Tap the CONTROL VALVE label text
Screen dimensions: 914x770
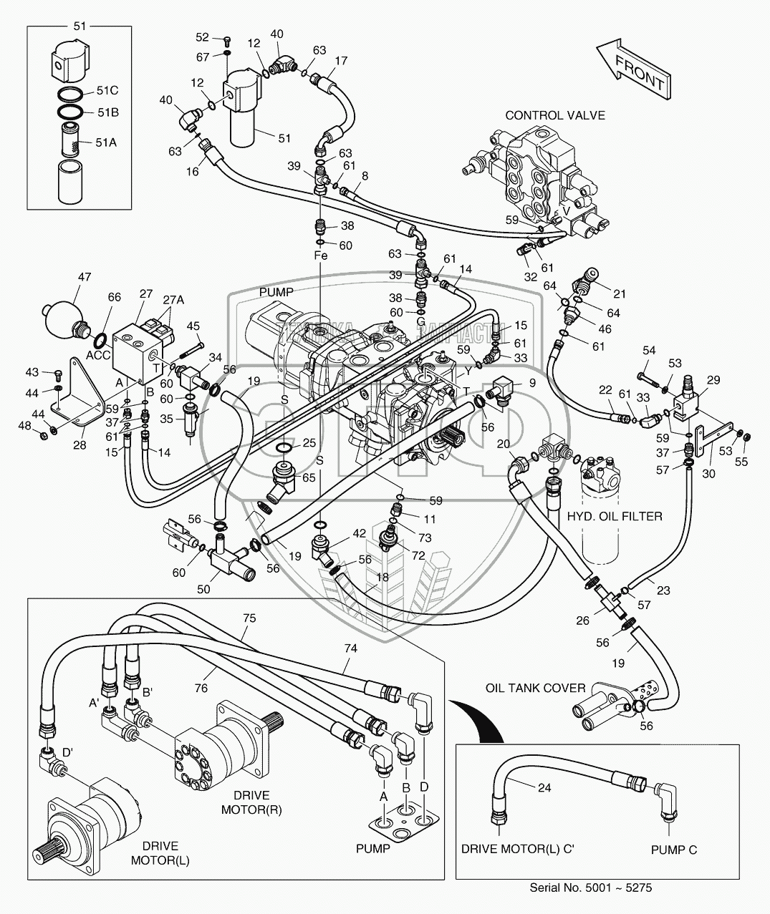555,115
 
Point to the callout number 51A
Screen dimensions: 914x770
106,142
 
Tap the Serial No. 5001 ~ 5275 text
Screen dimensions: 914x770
591,888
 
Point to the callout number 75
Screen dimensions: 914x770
248,618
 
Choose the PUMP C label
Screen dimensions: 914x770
673,850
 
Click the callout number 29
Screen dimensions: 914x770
713,381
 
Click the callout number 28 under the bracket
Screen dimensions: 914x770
79,444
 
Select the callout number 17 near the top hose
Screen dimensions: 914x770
341,60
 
